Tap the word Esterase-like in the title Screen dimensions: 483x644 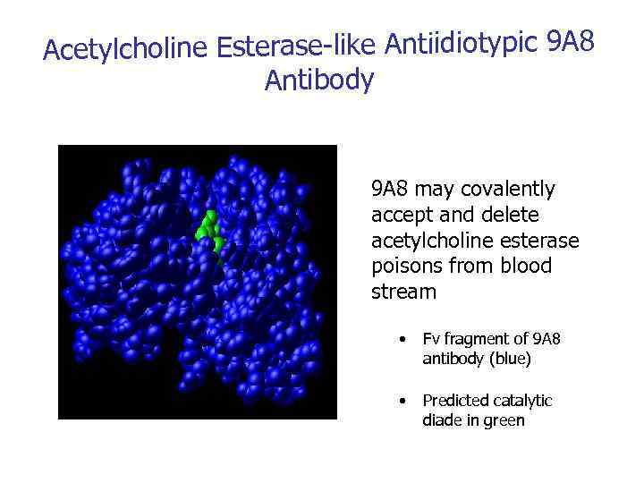pos(296,47)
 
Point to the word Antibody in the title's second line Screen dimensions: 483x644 pos(319,81)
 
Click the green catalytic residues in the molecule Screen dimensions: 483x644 pos(209,232)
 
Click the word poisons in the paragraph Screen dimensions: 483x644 pos(402,267)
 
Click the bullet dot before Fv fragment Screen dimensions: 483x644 pos(405,339)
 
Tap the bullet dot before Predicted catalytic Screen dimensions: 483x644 pos(405,401)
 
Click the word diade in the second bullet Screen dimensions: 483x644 pos(443,420)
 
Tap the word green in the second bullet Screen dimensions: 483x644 pos(504,420)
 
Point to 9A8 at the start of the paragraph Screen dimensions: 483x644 pos(390,190)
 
